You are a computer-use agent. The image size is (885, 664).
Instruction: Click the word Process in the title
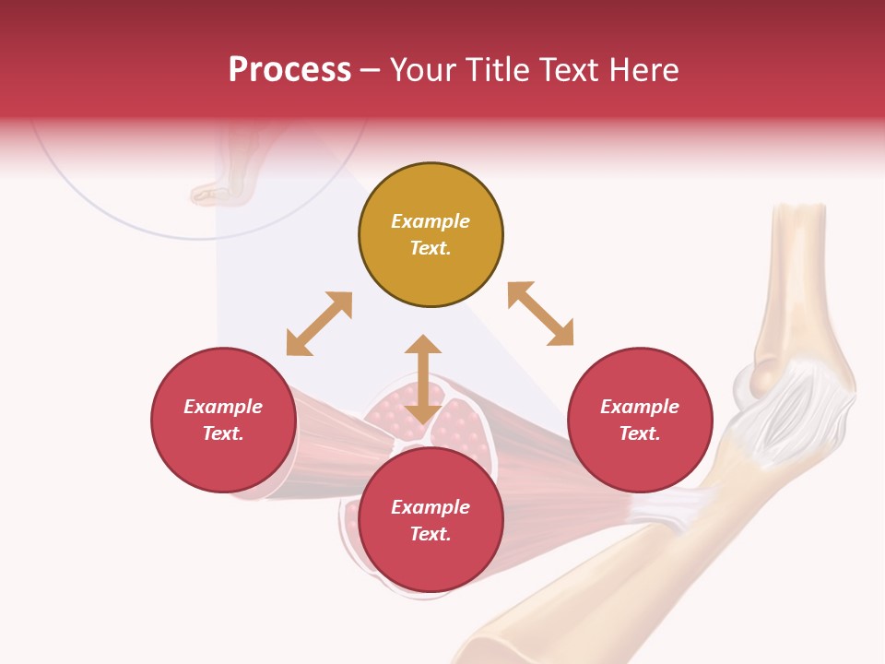[x=289, y=69]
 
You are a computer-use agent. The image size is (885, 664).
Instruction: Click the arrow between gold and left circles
[x=319, y=324]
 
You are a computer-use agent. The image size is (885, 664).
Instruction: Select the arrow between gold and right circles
[x=540, y=314]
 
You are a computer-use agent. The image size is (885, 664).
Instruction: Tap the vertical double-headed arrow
[x=423, y=379]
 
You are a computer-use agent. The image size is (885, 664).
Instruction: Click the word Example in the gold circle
[x=431, y=221]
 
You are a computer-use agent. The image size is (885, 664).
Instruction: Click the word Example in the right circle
[x=640, y=407]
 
